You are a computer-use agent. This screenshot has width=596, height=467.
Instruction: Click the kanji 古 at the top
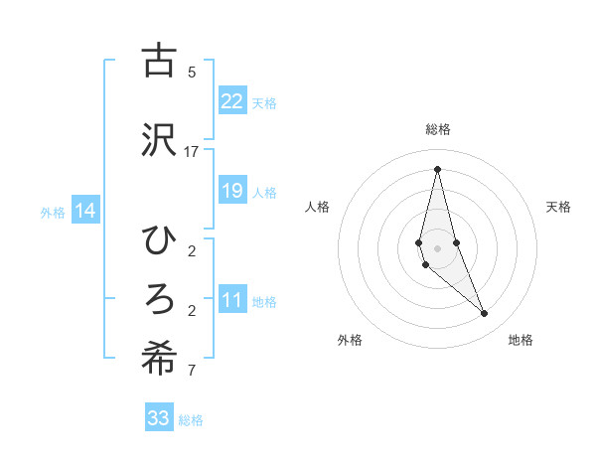pyautogui.click(x=159, y=62)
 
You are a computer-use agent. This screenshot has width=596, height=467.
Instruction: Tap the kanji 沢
pyautogui.click(x=159, y=140)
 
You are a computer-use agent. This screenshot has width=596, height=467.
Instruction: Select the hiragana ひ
pyautogui.click(x=159, y=239)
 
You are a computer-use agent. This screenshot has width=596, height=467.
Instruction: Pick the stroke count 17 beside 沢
pyautogui.click(x=192, y=152)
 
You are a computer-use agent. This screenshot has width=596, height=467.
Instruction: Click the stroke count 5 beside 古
pyautogui.click(x=192, y=73)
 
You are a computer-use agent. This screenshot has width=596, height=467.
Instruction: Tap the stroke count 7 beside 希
pyautogui.click(x=192, y=373)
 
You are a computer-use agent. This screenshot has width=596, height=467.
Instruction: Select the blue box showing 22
pyautogui.click(x=232, y=101)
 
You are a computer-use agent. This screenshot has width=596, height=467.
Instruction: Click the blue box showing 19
pyautogui.click(x=232, y=191)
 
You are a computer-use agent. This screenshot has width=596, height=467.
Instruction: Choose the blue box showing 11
pyautogui.click(x=232, y=301)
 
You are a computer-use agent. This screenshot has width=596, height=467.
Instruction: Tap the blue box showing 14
pyautogui.click(x=85, y=211)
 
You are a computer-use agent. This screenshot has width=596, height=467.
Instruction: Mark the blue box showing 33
pyautogui.click(x=159, y=418)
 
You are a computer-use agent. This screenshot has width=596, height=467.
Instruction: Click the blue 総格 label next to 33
pyautogui.click(x=191, y=420)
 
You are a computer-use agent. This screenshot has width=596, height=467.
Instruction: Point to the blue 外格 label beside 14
pyautogui.click(x=53, y=212)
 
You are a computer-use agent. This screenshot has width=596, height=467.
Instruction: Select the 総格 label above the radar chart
pyautogui.click(x=438, y=129)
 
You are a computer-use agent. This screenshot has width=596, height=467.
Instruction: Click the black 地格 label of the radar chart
pyautogui.click(x=521, y=340)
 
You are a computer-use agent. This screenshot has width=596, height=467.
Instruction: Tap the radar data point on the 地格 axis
pyautogui.click(x=485, y=314)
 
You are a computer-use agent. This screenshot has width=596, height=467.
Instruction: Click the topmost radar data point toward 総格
pyautogui.click(x=437, y=169)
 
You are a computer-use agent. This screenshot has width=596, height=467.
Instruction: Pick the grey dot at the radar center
pyautogui.click(x=437, y=248)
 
